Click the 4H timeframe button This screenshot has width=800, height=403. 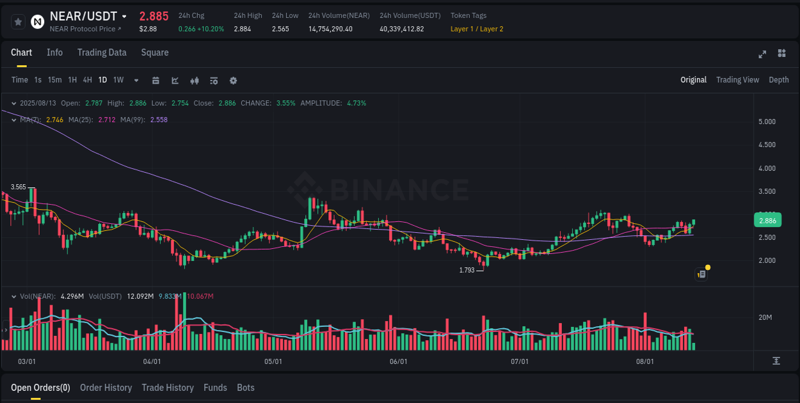[87, 80]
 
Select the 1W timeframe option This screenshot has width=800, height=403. [118, 80]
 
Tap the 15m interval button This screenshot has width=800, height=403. [55, 80]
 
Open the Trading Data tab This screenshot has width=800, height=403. [102, 52]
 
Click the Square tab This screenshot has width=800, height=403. [155, 52]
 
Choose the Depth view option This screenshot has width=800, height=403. [779, 80]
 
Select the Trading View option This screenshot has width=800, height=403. [737, 80]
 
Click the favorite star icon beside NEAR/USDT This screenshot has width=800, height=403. [19, 22]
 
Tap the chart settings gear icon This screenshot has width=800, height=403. [233, 81]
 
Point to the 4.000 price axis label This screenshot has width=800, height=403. [767, 168]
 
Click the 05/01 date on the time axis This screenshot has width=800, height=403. [273, 361]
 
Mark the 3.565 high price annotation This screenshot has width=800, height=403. [19, 187]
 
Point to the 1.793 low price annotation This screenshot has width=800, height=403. [467, 271]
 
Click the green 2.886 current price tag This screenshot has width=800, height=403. [767, 221]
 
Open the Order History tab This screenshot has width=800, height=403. [106, 388]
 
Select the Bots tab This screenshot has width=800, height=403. [246, 388]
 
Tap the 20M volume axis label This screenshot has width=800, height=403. [765, 318]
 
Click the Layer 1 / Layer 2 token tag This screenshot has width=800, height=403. [477, 29]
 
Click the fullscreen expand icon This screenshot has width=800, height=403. [762, 54]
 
